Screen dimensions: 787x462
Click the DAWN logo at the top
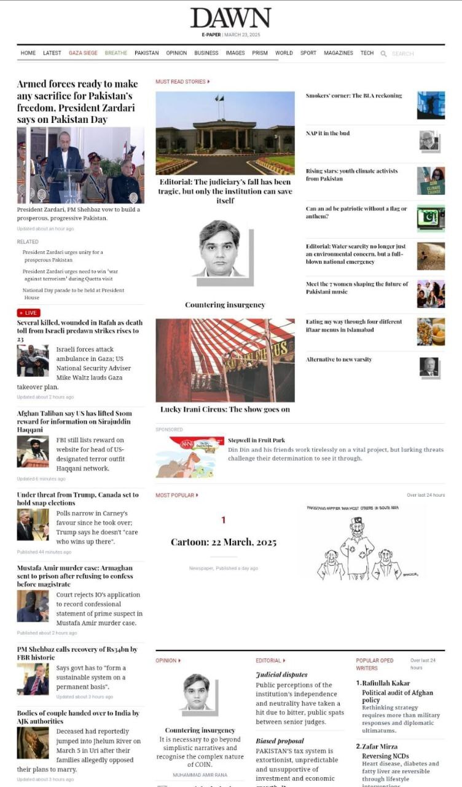point(230,18)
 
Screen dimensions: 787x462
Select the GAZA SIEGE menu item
point(83,53)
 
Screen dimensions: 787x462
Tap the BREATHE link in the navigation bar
point(116,53)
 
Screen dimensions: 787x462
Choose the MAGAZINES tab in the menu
point(339,53)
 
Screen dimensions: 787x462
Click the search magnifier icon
point(383,54)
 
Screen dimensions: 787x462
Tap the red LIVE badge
point(28,313)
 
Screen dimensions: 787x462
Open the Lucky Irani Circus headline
point(225,409)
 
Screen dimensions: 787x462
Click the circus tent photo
point(225,360)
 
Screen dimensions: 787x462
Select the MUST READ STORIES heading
point(182,82)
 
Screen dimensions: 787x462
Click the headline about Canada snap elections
point(77,499)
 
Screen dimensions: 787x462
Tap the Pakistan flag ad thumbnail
point(431,218)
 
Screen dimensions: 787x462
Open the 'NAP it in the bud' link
point(328,133)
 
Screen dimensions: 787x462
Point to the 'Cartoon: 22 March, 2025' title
point(224,542)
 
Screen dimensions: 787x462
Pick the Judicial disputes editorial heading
point(281,674)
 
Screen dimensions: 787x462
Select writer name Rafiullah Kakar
point(386,683)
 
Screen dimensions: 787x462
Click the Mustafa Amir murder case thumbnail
point(33,606)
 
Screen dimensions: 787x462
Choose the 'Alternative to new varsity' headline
point(339,360)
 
